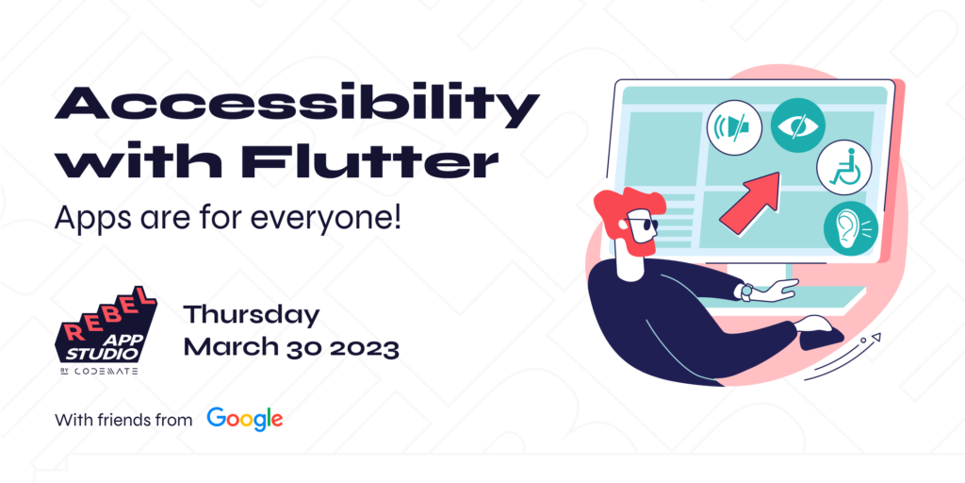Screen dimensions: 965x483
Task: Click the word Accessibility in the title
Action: [x=297, y=106]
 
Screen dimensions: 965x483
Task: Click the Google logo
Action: [x=245, y=419]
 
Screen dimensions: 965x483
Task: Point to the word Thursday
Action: [x=252, y=315]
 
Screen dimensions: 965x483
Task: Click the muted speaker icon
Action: [x=734, y=127]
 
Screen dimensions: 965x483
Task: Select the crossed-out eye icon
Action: [x=797, y=125]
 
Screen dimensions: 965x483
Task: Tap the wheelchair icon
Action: [x=844, y=167]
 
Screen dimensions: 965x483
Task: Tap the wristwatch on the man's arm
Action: [x=746, y=291]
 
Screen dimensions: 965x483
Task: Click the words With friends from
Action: [x=123, y=420]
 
